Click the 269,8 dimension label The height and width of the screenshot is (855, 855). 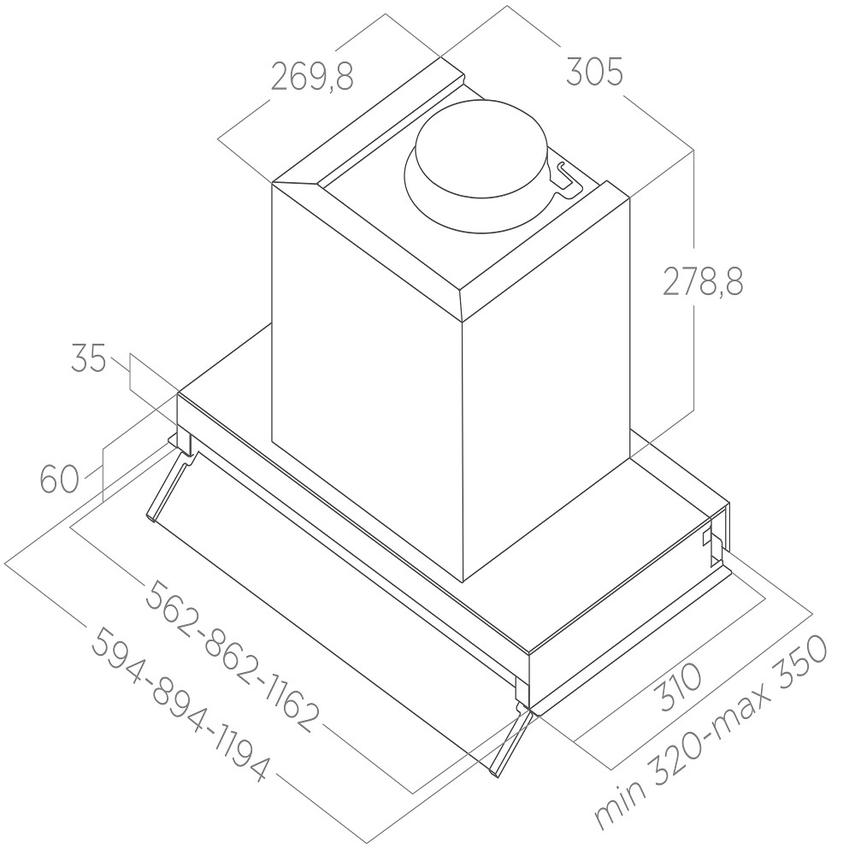coord(312,77)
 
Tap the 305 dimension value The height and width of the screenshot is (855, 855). coord(594,72)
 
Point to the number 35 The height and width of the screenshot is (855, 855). coord(88,359)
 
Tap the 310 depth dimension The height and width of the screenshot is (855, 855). coord(680,687)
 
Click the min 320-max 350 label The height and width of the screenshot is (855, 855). coord(711,740)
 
